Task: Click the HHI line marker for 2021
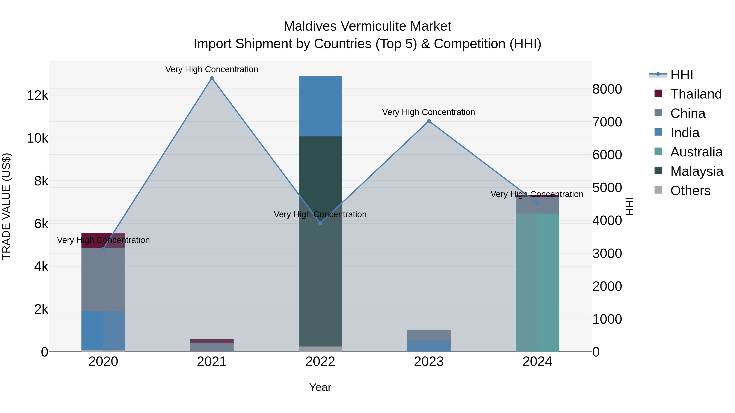[x=212, y=78]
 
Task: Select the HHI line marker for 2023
[x=429, y=121]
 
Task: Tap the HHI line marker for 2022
[x=320, y=223]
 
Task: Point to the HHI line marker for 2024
[x=537, y=203]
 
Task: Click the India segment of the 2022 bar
[x=320, y=106]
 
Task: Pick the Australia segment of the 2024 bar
[x=537, y=282]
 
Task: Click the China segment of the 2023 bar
[x=429, y=335]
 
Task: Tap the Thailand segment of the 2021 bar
[x=212, y=341]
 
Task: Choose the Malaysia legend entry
[x=696, y=171]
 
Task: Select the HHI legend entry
[x=681, y=75]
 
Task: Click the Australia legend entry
[x=696, y=152]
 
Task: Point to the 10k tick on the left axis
[x=38, y=138]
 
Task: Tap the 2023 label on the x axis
[x=429, y=362]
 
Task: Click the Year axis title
[x=320, y=387]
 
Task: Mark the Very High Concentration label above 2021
[x=212, y=69]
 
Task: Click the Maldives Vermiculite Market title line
[x=367, y=26]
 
